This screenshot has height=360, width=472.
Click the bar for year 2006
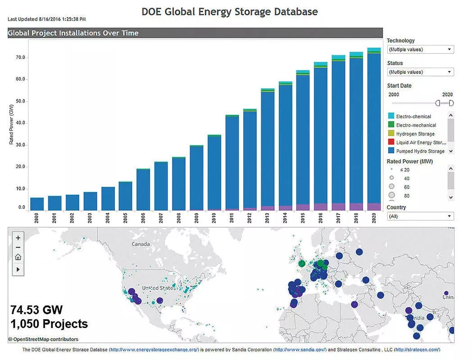(143, 189)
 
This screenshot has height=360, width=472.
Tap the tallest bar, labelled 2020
(374, 130)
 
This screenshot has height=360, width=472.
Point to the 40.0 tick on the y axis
(21, 123)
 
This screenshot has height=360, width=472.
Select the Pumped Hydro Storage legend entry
(420, 151)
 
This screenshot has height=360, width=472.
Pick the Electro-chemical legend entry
(413, 117)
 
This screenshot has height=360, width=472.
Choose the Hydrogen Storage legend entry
(415, 134)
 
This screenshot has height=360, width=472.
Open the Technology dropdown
(420, 49)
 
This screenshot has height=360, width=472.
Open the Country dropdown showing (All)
(420, 216)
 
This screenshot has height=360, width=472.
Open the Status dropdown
(420, 72)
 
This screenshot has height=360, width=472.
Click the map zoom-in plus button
(18, 238)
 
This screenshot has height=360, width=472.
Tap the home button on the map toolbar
(18, 257)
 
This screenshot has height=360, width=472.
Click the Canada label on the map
(141, 244)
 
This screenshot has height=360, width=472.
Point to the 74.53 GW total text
(36, 310)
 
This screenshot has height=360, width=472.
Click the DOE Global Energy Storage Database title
(230, 12)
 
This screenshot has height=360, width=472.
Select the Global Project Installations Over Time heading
(73, 33)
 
